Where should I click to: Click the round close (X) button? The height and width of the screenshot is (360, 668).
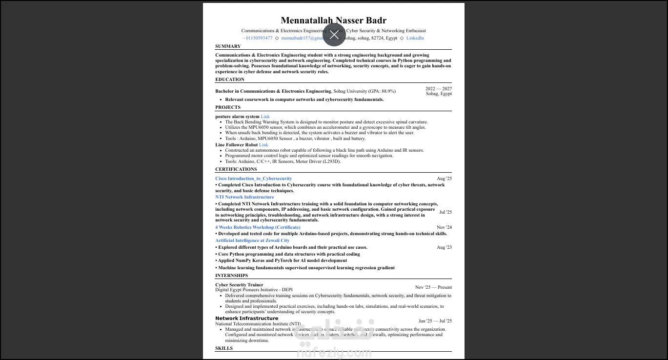[x=334, y=35]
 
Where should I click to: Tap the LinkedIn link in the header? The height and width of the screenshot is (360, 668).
[x=415, y=38]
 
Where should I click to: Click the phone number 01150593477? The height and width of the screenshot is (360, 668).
[x=259, y=38]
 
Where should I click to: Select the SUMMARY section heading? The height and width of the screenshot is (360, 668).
[x=228, y=46]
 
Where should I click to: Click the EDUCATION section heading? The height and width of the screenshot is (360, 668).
[x=230, y=80]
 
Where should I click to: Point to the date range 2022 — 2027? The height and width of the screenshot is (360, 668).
[x=438, y=89]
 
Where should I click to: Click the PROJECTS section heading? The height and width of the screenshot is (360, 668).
[x=228, y=107]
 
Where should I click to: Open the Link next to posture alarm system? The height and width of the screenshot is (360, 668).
[x=265, y=117]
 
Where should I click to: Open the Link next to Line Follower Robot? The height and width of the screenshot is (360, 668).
[x=263, y=145]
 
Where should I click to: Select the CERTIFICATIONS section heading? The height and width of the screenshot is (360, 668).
[x=236, y=169]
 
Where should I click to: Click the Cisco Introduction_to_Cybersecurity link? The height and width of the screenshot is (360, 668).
[x=254, y=179]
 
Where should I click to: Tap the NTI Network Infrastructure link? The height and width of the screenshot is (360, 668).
[x=244, y=197]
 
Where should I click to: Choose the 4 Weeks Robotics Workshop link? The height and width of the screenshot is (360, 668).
[x=258, y=227]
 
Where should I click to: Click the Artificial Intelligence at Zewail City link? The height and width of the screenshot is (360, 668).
[x=252, y=240]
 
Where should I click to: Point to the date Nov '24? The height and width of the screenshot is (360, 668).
[x=444, y=227]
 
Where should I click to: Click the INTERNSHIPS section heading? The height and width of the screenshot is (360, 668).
[x=231, y=276]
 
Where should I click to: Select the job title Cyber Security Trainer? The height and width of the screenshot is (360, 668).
[x=239, y=285]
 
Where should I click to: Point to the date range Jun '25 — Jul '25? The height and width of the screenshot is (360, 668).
[x=435, y=321]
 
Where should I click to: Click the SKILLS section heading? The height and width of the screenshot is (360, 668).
[x=224, y=348]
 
